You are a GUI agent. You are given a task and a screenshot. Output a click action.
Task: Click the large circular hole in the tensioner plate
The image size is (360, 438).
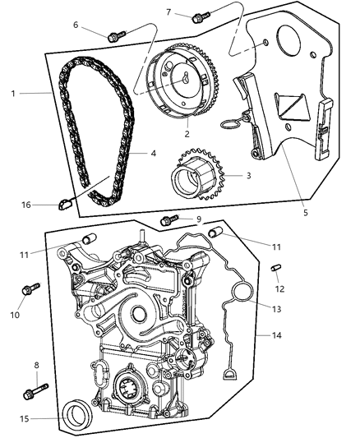pyautogui.click(x=290, y=41)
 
